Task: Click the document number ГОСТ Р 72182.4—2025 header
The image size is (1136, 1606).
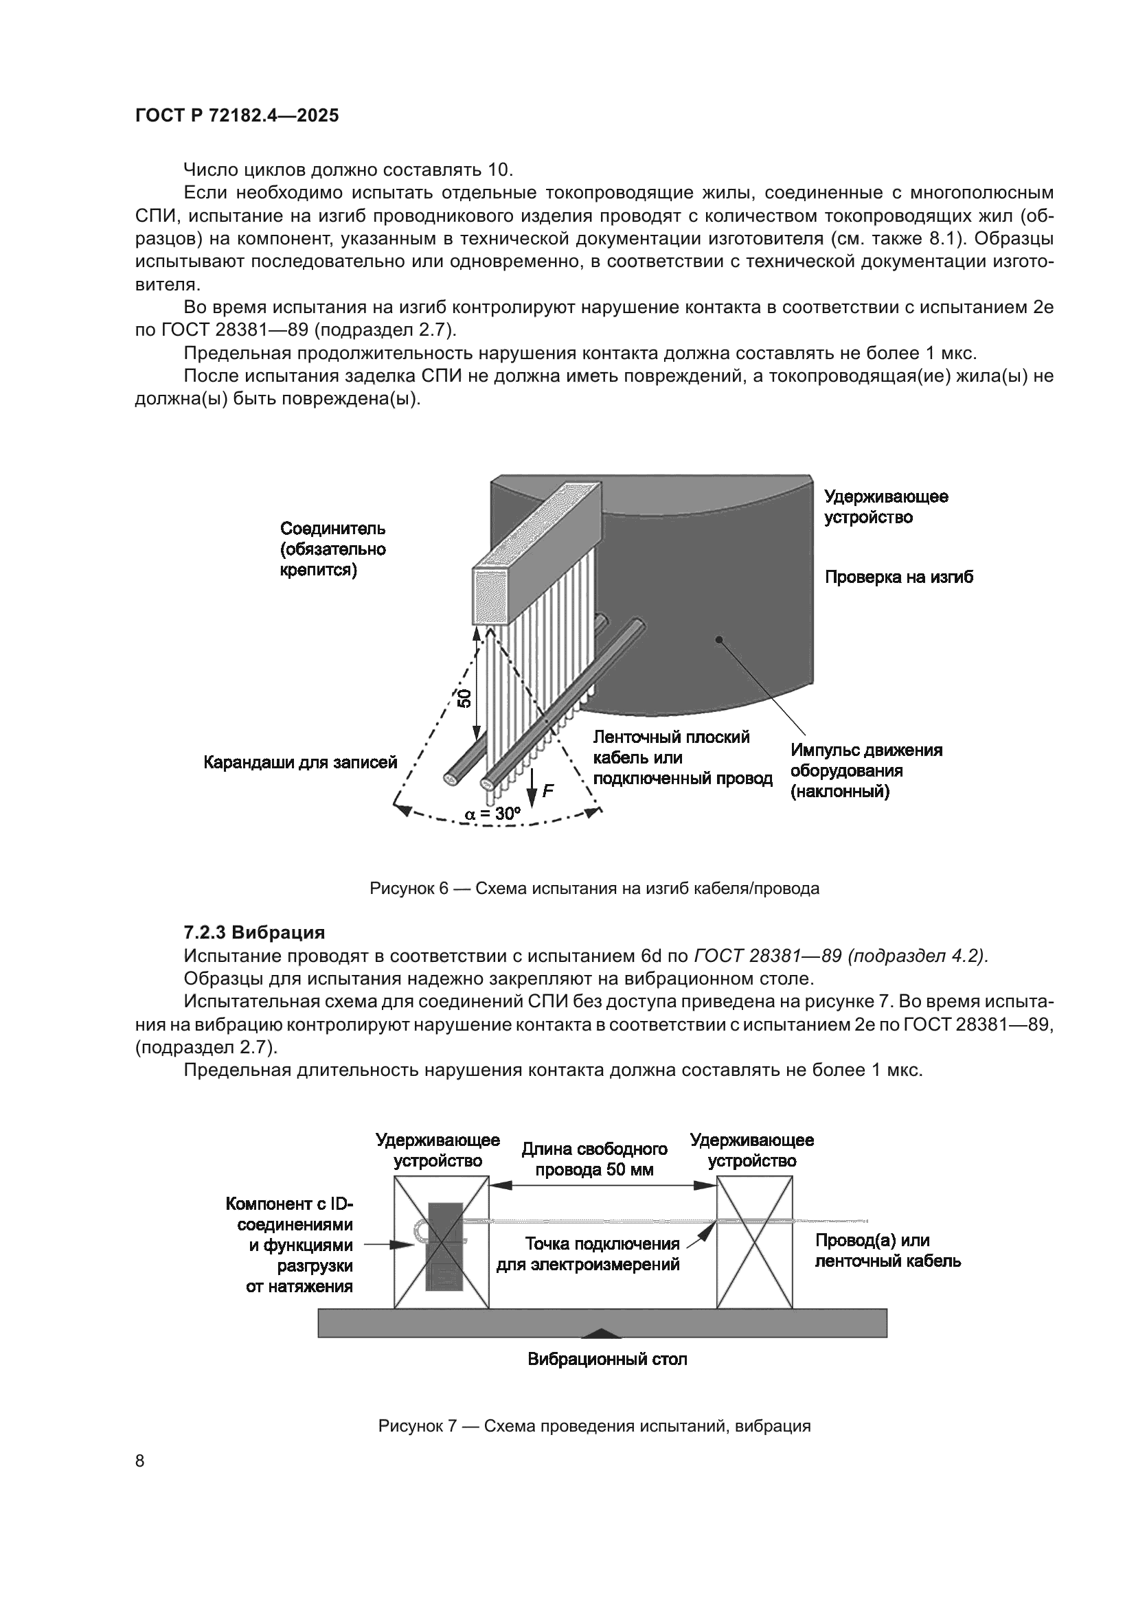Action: (x=236, y=116)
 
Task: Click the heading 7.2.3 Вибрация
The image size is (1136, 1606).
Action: (x=254, y=932)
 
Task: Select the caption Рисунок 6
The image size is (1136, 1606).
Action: (x=594, y=889)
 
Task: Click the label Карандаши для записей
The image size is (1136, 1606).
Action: (x=300, y=762)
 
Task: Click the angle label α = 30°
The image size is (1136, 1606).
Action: (x=493, y=814)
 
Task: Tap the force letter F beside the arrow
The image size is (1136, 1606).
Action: (x=547, y=791)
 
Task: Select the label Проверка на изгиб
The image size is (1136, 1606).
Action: (x=899, y=577)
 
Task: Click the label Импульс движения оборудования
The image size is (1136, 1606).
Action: (x=866, y=771)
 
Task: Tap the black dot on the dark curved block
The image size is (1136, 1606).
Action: (x=718, y=638)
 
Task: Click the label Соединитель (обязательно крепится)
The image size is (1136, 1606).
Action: (x=333, y=549)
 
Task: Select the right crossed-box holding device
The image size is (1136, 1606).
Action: (x=754, y=1242)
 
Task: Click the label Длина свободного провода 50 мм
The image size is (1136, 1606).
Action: (x=594, y=1159)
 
